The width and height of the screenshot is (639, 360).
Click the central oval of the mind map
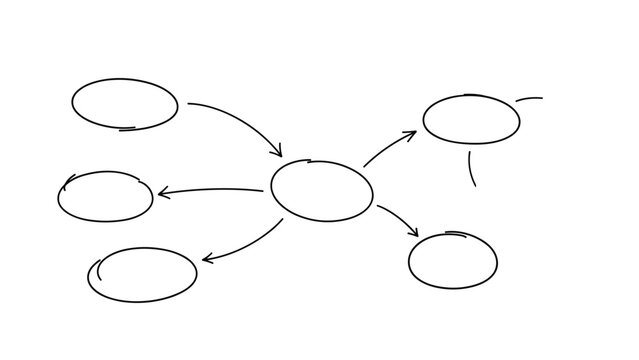tap(321, 190)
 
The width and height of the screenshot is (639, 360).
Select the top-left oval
tap(125, 104)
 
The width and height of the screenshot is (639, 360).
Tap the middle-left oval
tap(105, 196)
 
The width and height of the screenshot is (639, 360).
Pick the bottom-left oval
tap(142, 274)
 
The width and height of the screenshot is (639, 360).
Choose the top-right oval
tap(471, 120)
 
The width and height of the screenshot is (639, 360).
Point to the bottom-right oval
tap(452, 260)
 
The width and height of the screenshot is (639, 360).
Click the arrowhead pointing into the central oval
tap(279, 153)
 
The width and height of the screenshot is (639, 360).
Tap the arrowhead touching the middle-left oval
tap(161, 193)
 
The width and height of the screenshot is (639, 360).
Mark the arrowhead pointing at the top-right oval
tap(412, 133)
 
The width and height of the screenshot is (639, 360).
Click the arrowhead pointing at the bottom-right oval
tap(414, 233)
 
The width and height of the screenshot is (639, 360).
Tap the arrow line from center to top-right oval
tap(386, 148)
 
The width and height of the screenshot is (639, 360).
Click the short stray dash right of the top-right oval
tap(529, 99)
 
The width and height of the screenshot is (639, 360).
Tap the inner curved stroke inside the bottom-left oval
tap(99, 267)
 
